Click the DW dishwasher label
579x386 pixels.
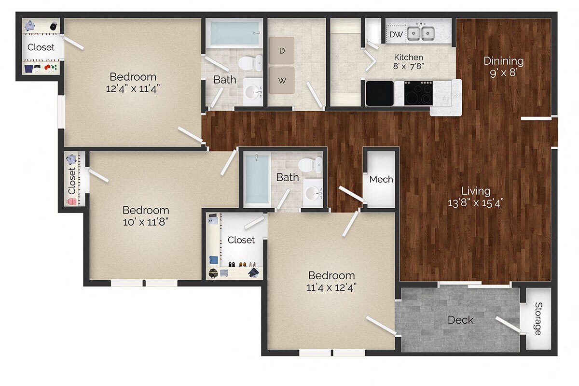tap(396, 34)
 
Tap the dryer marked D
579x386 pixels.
tap(281, 50)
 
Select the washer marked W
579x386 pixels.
tap(281, 80)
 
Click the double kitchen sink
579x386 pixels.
tap(420, 33)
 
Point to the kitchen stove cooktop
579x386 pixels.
tap(418, 93)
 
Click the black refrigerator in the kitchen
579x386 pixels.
tap(380, 93)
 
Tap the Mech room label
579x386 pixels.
tap(381, 179)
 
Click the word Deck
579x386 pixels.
tap(460, 320)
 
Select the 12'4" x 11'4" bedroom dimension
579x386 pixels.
tap(133, 89)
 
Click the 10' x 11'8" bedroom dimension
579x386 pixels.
tap(145, 222)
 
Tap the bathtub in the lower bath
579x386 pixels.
tap(256, 179)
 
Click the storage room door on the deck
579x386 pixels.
tap(509, 325)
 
